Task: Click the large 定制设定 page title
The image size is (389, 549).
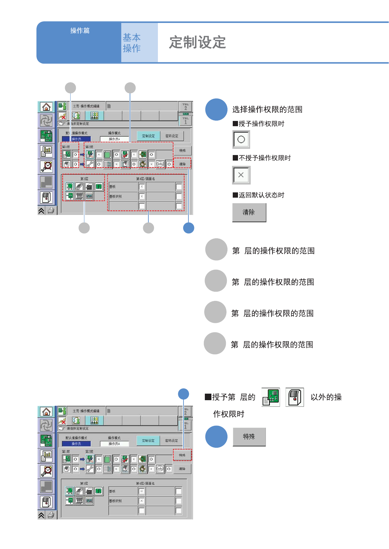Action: pos(197,42)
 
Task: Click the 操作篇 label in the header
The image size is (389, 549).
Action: pos(80,30)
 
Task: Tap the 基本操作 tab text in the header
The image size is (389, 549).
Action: pos(132,43)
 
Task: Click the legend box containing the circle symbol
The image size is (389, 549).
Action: pos(241,139)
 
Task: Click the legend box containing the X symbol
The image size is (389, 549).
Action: pos(241,175)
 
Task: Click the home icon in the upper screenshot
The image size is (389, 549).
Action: pos(46,107)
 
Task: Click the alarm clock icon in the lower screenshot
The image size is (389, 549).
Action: pos(46,471)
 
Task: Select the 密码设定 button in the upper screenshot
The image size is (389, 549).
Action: pos(172,136)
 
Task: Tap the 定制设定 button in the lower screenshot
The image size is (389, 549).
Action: pos(148,441)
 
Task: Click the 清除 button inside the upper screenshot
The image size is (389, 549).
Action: pos(182,164)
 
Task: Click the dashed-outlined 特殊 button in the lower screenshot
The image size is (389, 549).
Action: pos(182,455)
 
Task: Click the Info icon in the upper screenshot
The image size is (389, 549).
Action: pos(160,164)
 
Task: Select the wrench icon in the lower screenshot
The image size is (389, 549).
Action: pos(90,469)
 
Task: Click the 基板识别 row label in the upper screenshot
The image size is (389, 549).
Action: pos(116,196)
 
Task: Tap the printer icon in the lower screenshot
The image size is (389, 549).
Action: pos(51,515)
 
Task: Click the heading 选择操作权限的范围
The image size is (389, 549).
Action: pos(267,109)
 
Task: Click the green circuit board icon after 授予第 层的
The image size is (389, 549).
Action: pos(271,397)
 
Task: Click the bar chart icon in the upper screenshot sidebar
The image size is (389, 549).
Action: pos(46,151)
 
